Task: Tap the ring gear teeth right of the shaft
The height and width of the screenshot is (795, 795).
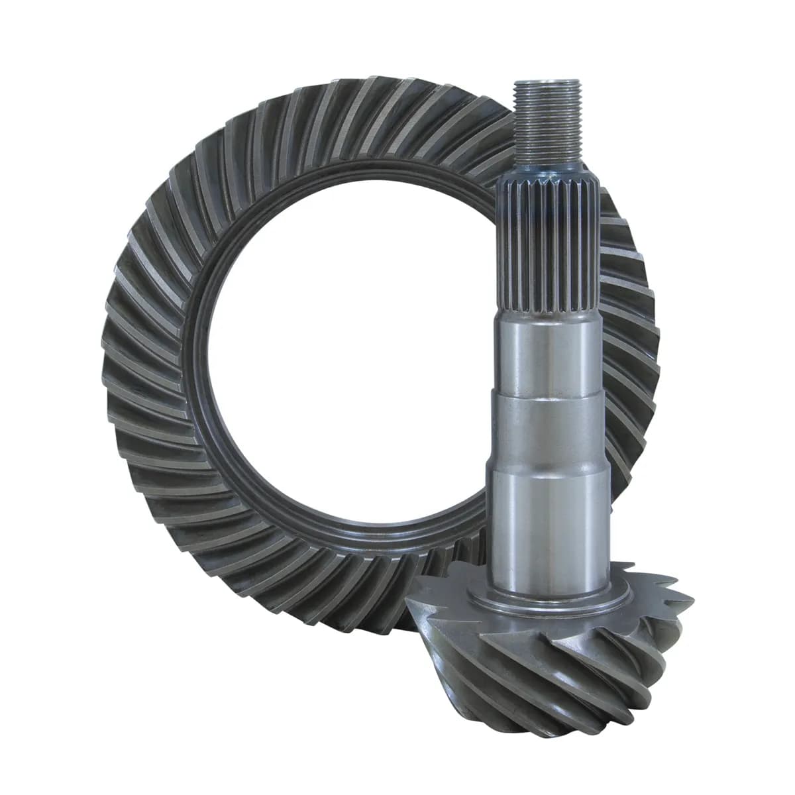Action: (x=629, y=331)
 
